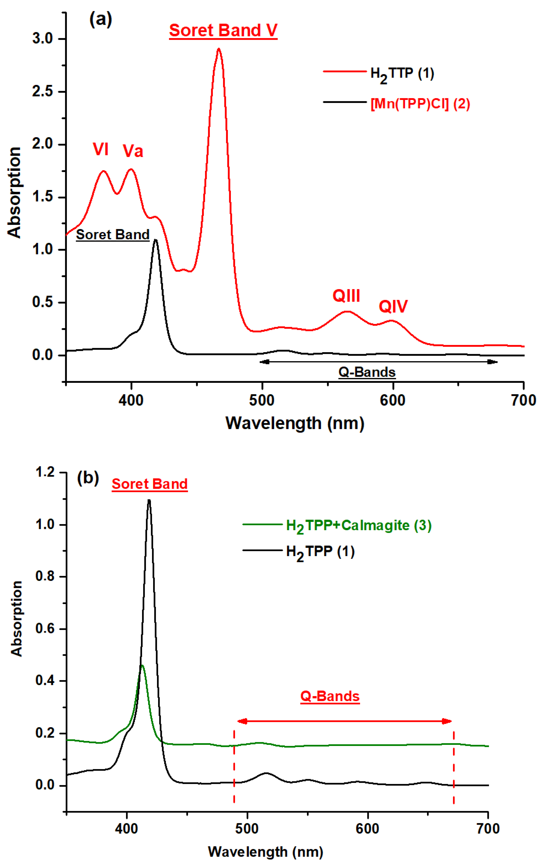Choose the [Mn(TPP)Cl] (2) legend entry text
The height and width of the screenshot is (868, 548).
click(420, 104)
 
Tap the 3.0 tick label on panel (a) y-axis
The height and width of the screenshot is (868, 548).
click(43, 39)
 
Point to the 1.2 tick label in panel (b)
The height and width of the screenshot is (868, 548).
click(45, 472)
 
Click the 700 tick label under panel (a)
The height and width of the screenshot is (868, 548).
click(523, 400)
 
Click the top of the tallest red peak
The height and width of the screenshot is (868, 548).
click(218, 49)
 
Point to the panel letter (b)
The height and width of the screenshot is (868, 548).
click(88, 478)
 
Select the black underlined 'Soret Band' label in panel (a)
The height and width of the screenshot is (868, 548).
click(113, 235)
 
